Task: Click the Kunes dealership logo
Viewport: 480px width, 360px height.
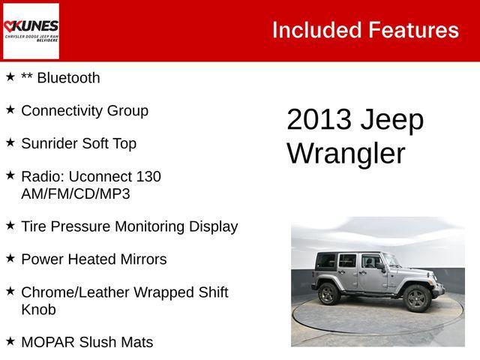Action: point(31,31)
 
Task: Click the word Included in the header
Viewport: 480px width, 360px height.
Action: point(315,30)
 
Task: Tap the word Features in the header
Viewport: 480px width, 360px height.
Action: point(413,30)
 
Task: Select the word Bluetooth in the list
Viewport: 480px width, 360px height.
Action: point(67,77)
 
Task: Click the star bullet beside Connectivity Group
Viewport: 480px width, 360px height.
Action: point(10,109)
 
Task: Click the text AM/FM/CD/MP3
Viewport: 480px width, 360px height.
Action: point(76,193)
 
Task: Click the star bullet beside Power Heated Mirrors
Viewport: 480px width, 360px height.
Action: point(10,258)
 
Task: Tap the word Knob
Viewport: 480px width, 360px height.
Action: point(38,309)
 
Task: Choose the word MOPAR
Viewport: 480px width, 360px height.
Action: point(47,342)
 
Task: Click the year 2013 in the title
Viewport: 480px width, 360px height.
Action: point(319,120)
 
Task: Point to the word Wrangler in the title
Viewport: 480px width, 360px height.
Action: point(346,153)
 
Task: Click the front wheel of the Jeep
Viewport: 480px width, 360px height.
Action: point(417,298)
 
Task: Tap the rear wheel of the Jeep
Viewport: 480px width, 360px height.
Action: point(328,292)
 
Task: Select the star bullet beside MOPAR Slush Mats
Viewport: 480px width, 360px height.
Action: point(10,341)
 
